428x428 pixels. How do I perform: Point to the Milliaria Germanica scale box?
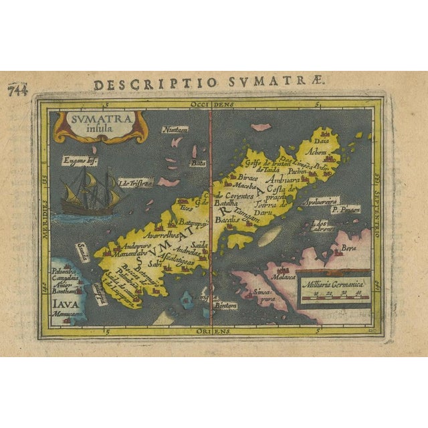(x=334, y=289)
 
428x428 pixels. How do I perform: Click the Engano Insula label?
(x=79, y=160)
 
